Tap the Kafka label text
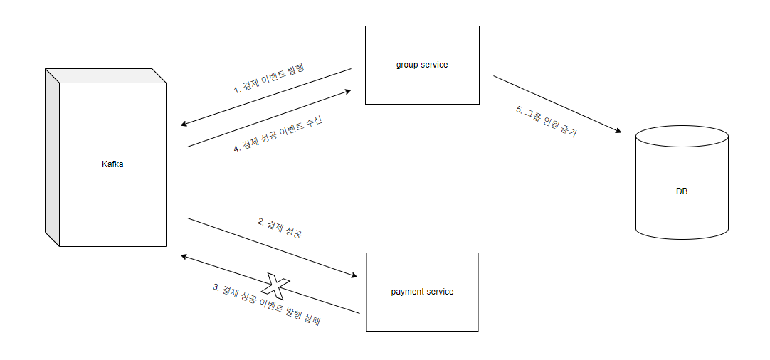pos(113,164)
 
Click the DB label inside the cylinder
pos(682,191)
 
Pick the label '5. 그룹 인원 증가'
pos(547,122)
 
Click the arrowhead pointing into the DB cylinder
pos(619,132)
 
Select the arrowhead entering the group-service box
pos(349,91)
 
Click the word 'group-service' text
pos(422,65)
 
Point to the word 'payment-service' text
pos(422,292)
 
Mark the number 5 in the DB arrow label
pos(519,110)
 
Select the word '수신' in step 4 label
pos(314,120)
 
